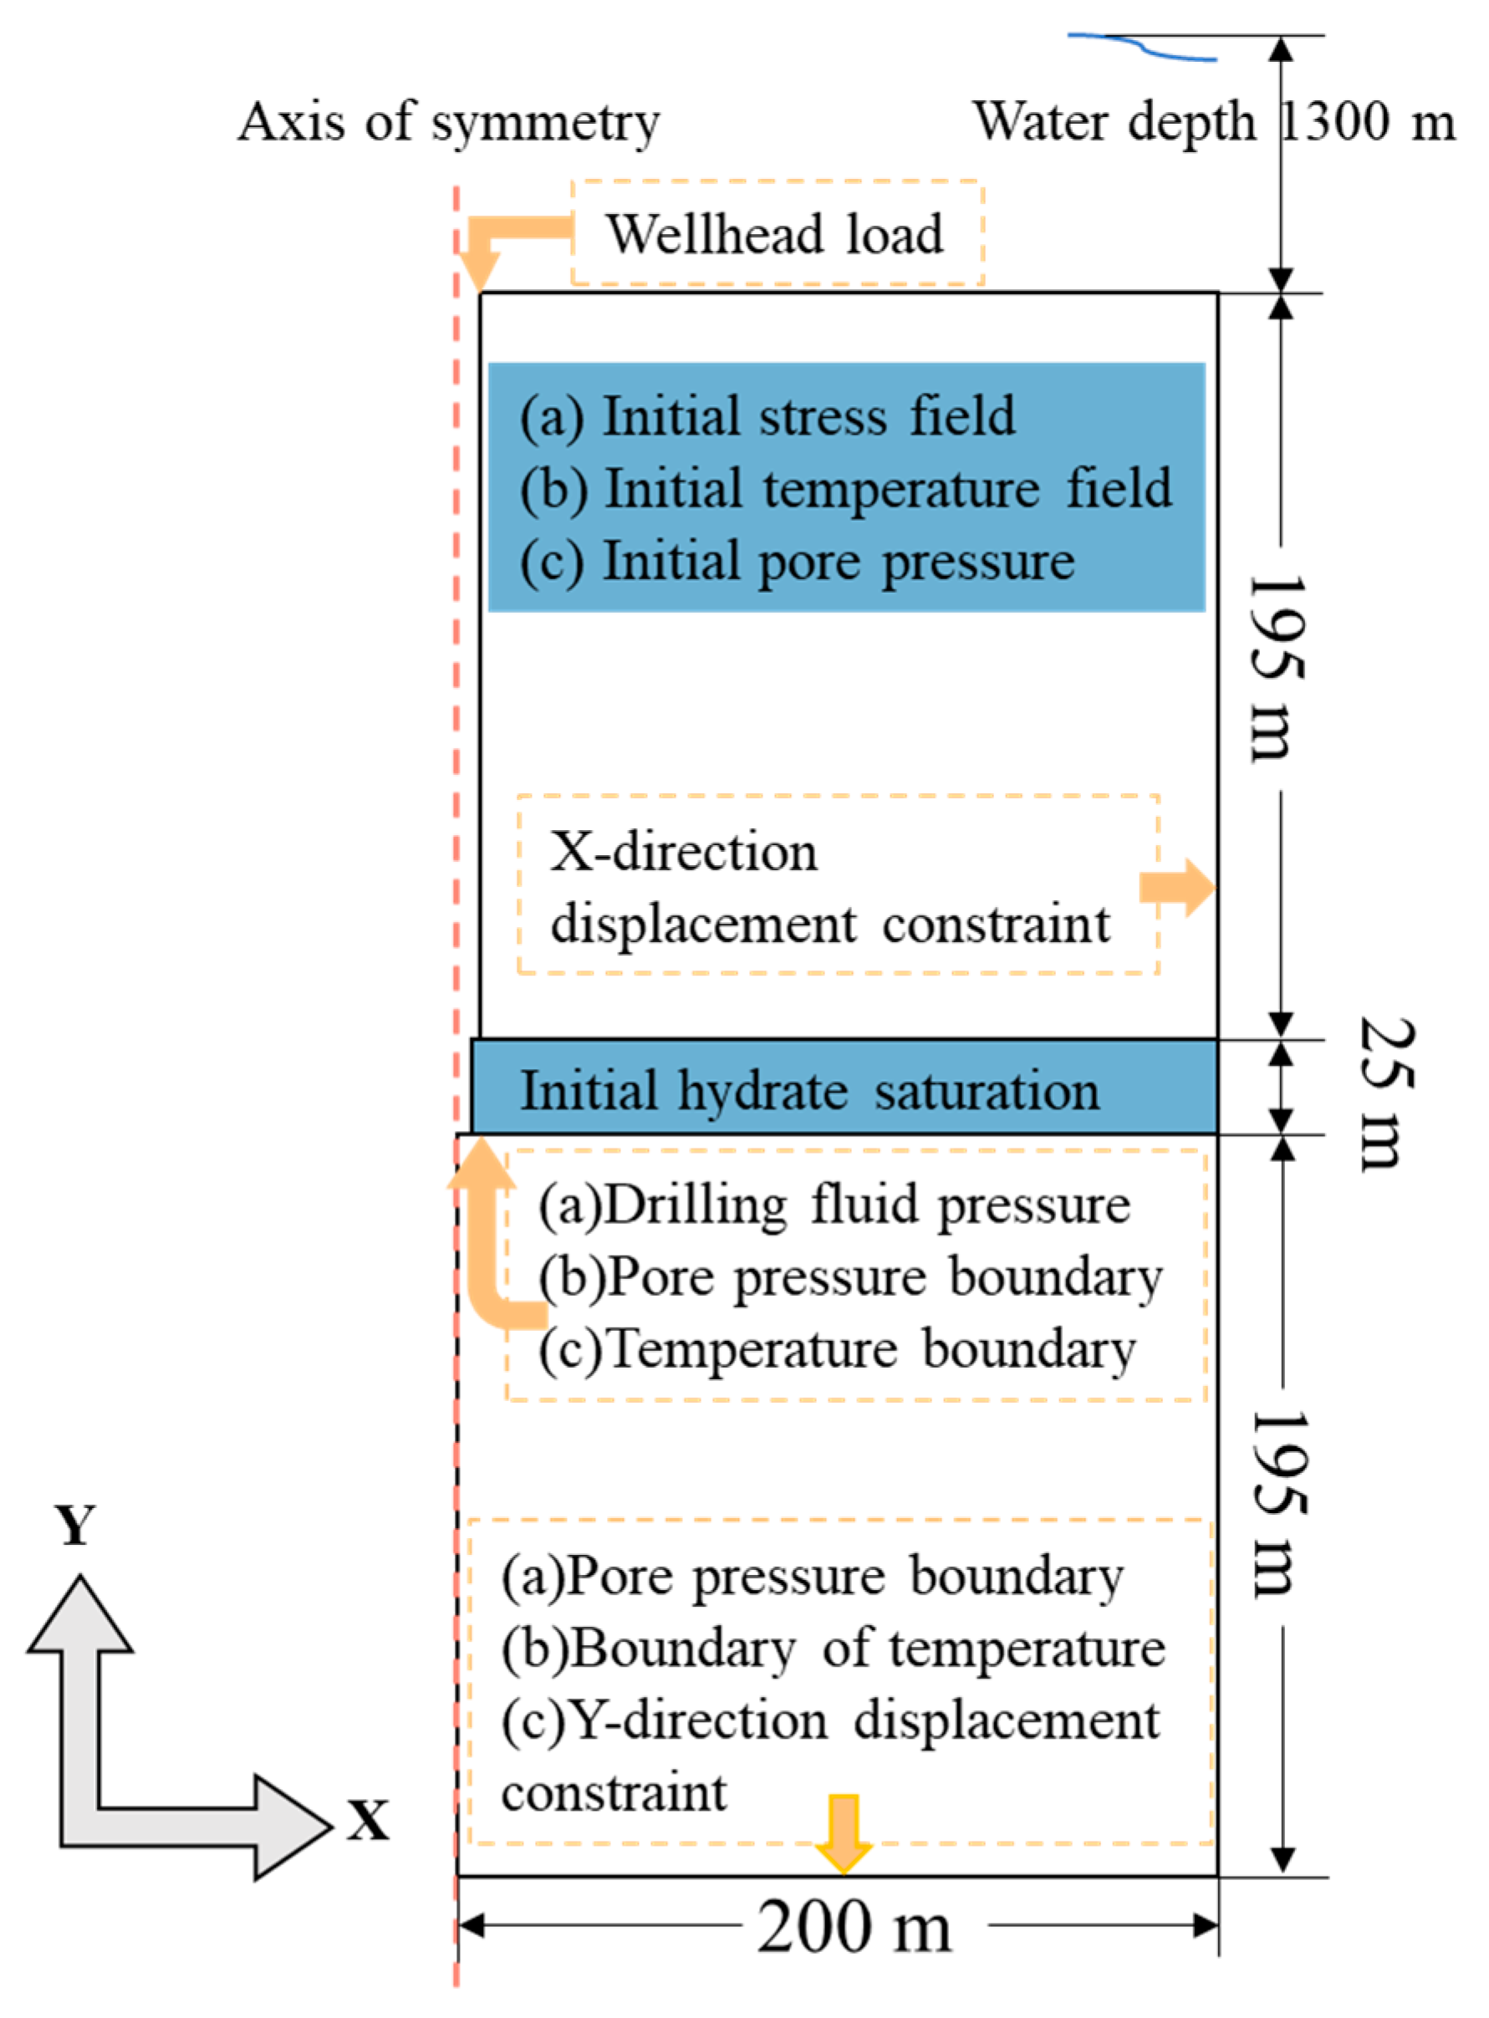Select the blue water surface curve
[1143, 47]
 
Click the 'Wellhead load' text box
[776, 233]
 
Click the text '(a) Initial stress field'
[767, 416]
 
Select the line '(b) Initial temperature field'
[845, 488]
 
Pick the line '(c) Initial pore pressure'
[797, 562]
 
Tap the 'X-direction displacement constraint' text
[829, 888]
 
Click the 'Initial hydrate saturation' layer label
[809, 1091]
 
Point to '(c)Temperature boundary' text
[836, 1350]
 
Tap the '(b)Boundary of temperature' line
[833, 1649]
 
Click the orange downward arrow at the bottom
[843, 1835]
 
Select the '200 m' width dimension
[853, 1928]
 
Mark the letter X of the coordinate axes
[369, 1820]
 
